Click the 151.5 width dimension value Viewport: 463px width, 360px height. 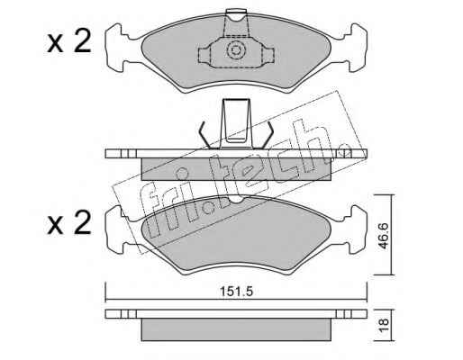tap(237, 292)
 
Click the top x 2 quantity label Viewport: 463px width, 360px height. tap(69, 42)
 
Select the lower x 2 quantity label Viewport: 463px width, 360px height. tap(69, 222)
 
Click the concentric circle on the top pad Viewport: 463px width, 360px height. tap(235, 50)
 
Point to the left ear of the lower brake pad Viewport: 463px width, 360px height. tap(116, 229)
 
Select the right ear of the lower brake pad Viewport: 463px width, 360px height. tap(356, 229)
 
